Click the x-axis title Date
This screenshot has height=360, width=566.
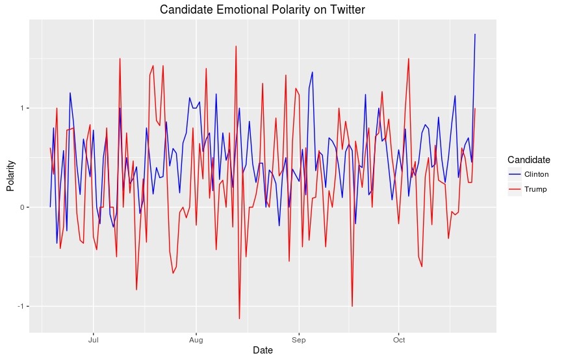(x=263, y=350)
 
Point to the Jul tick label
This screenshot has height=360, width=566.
(x=94, y=339)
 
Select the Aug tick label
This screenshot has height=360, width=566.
(x=196, y=339)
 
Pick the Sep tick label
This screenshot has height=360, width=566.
(x=298, y=339)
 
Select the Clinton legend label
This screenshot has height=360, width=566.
(x=537, y=175)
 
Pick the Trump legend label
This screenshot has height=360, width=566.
(x=535, y=190)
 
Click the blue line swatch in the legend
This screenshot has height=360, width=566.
(x=515, y=175)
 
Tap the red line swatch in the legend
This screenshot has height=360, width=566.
(x=515, y=190)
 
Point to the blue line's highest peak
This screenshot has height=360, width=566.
(x=475, y=34)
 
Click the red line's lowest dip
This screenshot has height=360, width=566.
(x=239, y=318)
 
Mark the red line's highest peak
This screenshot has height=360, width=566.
(x=236, y=46)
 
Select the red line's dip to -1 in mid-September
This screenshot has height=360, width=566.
(x=352, y=306)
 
